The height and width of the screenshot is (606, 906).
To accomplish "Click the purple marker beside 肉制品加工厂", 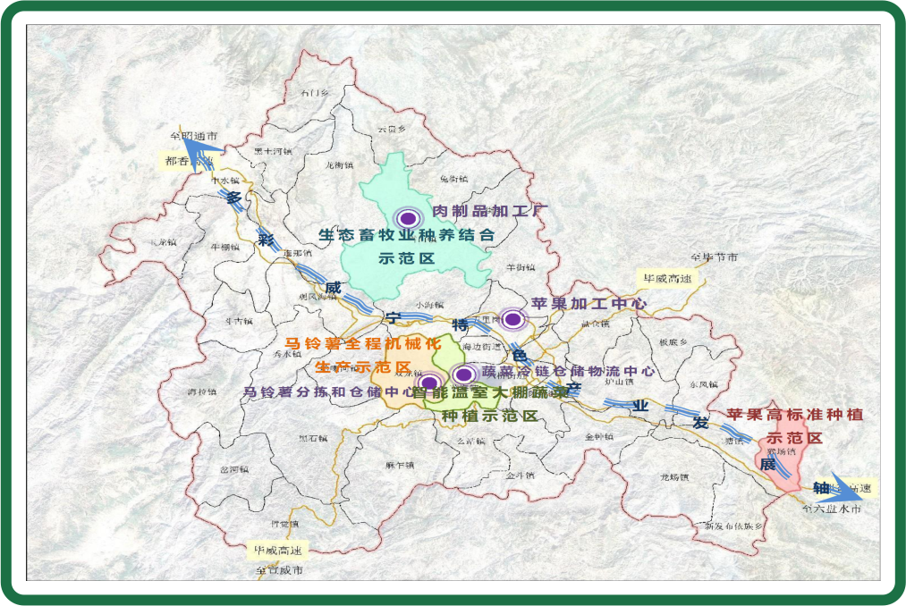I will coord(409,218).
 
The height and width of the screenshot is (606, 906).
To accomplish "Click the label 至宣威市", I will coord(279,569).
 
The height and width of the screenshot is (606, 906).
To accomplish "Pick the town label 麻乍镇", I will coord(401,465).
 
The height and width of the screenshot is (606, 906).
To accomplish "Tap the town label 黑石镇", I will coord(313,438).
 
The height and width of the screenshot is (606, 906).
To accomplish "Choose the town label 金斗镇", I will coord(519,476).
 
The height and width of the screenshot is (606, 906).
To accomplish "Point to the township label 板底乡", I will coord(673,342).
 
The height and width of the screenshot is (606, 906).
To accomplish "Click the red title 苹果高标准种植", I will coord(794,416).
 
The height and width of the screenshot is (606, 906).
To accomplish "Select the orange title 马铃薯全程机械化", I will coord(362,343).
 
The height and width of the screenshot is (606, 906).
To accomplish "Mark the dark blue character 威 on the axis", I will coord(333,288).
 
